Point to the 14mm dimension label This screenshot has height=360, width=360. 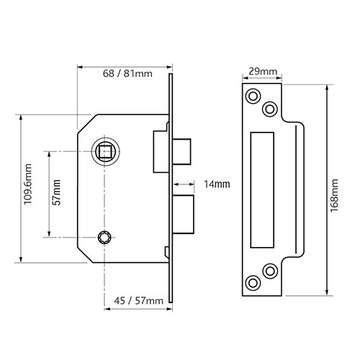(x=216, y=184)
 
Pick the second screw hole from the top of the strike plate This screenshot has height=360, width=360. (x=270, y=108)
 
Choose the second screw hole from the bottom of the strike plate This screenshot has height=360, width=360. (x=270, y=270)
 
